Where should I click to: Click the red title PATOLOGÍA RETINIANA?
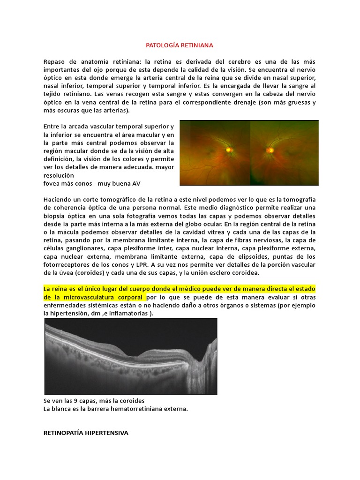[180, 45]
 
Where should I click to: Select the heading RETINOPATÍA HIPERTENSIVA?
[85, 433]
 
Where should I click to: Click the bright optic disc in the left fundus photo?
[229, 150]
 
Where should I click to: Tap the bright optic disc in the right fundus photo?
[270, 150]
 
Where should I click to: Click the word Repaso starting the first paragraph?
[56, 62]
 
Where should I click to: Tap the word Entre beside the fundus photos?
[52, 127]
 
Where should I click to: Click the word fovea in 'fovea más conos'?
[52, 183]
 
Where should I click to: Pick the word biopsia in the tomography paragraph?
[56, 216]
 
